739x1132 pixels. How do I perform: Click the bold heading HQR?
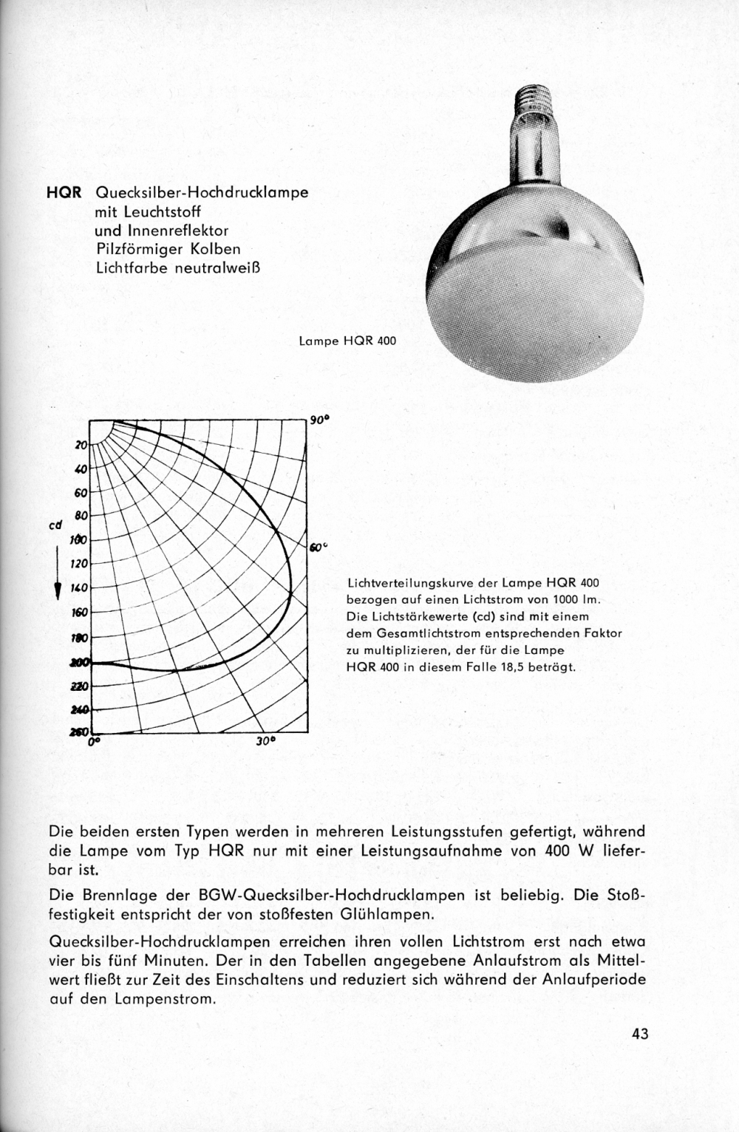click(x=63, y=193)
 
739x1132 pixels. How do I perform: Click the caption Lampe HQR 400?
click(x=347, y=341)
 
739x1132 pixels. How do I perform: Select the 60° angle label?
click(x=317, y=548)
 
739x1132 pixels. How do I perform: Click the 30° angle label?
click(x=265, y=740)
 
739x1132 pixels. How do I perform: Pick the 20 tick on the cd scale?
click(x=81, y=445)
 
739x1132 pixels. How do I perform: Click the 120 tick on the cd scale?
click(x=79, y=564)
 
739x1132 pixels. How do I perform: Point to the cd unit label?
click(x=55, y=526)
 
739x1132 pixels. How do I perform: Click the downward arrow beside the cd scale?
click(x=56, y=576)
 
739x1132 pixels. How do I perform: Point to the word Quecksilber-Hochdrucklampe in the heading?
click(x=202, y=193)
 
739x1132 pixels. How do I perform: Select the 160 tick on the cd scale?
click(x=79, y=613)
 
